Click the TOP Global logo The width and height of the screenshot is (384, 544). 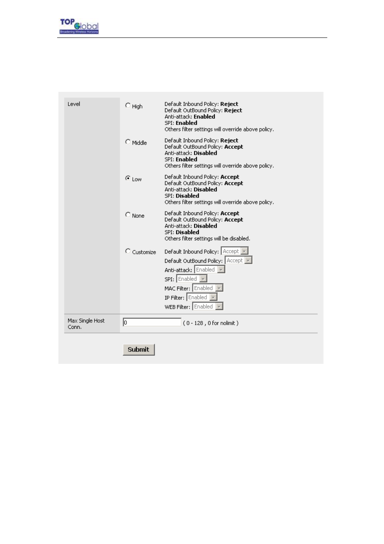click(x=79, y=26)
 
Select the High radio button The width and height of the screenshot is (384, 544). click(x=128, y=106)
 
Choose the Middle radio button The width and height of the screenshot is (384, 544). click(x=128, y=142)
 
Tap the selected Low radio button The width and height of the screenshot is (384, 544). click(x=128, y=178)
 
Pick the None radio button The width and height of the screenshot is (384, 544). click(x=128, y=215)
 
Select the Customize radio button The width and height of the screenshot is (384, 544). click(x=128, y=251)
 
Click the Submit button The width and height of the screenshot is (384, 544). click(x=138, y=349)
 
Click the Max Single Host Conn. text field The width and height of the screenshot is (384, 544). click(x=152, y=322)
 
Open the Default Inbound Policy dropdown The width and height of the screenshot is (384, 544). click(x=235, y=251)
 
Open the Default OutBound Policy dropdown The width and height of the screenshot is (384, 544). click(x=238, y=260)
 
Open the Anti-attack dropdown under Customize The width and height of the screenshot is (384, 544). click(x=210, y=270)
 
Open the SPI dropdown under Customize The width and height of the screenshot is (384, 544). click(x=192, y=279)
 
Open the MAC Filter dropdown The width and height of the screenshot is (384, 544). click(x=208, y=288)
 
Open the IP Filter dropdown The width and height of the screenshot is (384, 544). click(x=202, y=297)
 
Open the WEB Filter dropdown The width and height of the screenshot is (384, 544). click(x=208, y=307)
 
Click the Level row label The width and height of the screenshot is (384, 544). click(x=74, y=104)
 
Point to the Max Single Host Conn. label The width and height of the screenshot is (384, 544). click(x=86, y=324)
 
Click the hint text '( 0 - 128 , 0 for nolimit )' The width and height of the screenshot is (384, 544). click(x=211, y=323)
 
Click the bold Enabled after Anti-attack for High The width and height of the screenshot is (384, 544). click(x=204, y=117)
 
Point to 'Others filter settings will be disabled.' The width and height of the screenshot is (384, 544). click(x=207, y=239)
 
